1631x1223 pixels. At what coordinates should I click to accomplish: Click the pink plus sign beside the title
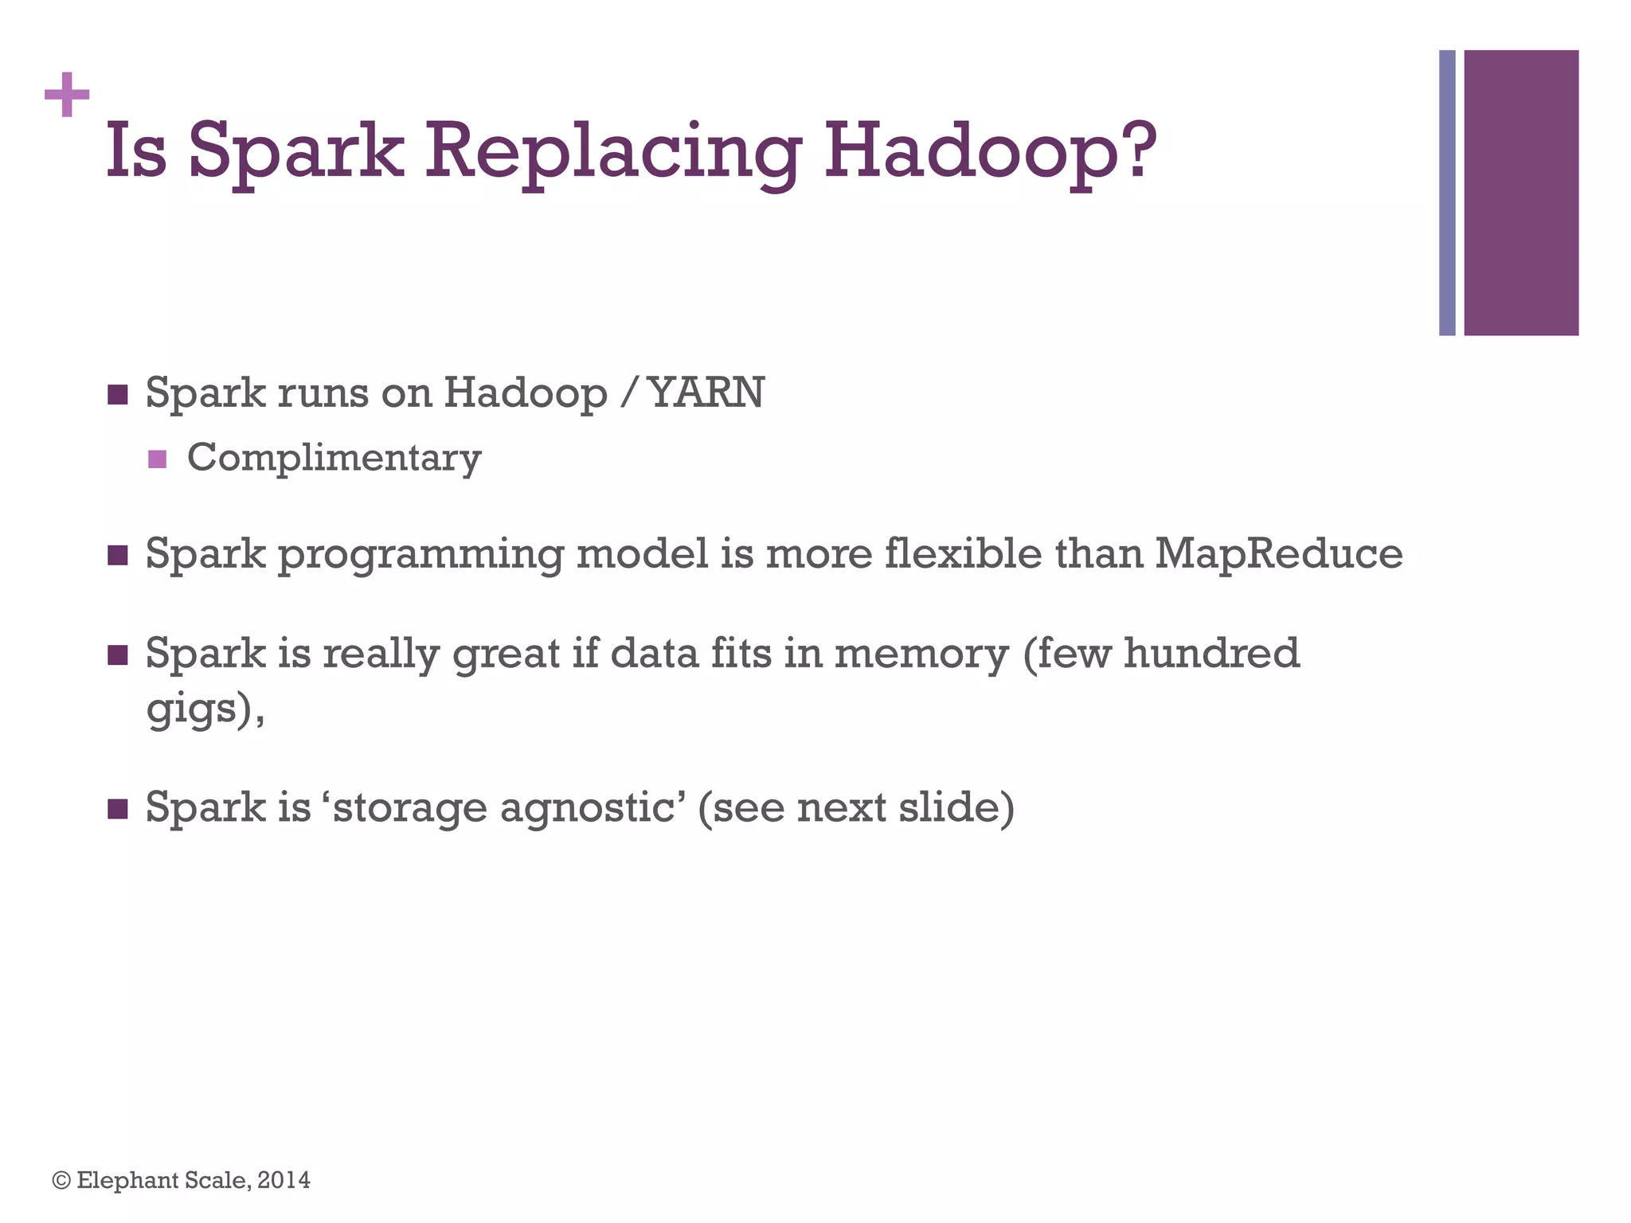coord(67,95)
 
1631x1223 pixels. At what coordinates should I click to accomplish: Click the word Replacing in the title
coord(612,151)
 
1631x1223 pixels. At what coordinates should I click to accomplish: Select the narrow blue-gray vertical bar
coord(1447,193)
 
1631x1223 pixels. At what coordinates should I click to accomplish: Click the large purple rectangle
coord(1521,193)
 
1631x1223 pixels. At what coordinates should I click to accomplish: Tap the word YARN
coord(706,393)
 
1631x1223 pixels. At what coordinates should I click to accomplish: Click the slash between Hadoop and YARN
coord(630,393)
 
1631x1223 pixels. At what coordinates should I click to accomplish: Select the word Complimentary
coord(334,459)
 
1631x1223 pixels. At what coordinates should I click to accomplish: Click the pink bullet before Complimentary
coord(158,459)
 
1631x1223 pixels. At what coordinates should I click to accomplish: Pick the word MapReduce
coord(1279,553)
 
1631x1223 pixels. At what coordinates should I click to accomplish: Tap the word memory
coord(921,654)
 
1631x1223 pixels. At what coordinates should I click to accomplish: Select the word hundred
coord(1211,653)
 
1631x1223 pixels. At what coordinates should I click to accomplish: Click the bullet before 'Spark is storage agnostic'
coord(118,809)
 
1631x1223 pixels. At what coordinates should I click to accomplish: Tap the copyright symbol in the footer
coord(61,1180)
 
